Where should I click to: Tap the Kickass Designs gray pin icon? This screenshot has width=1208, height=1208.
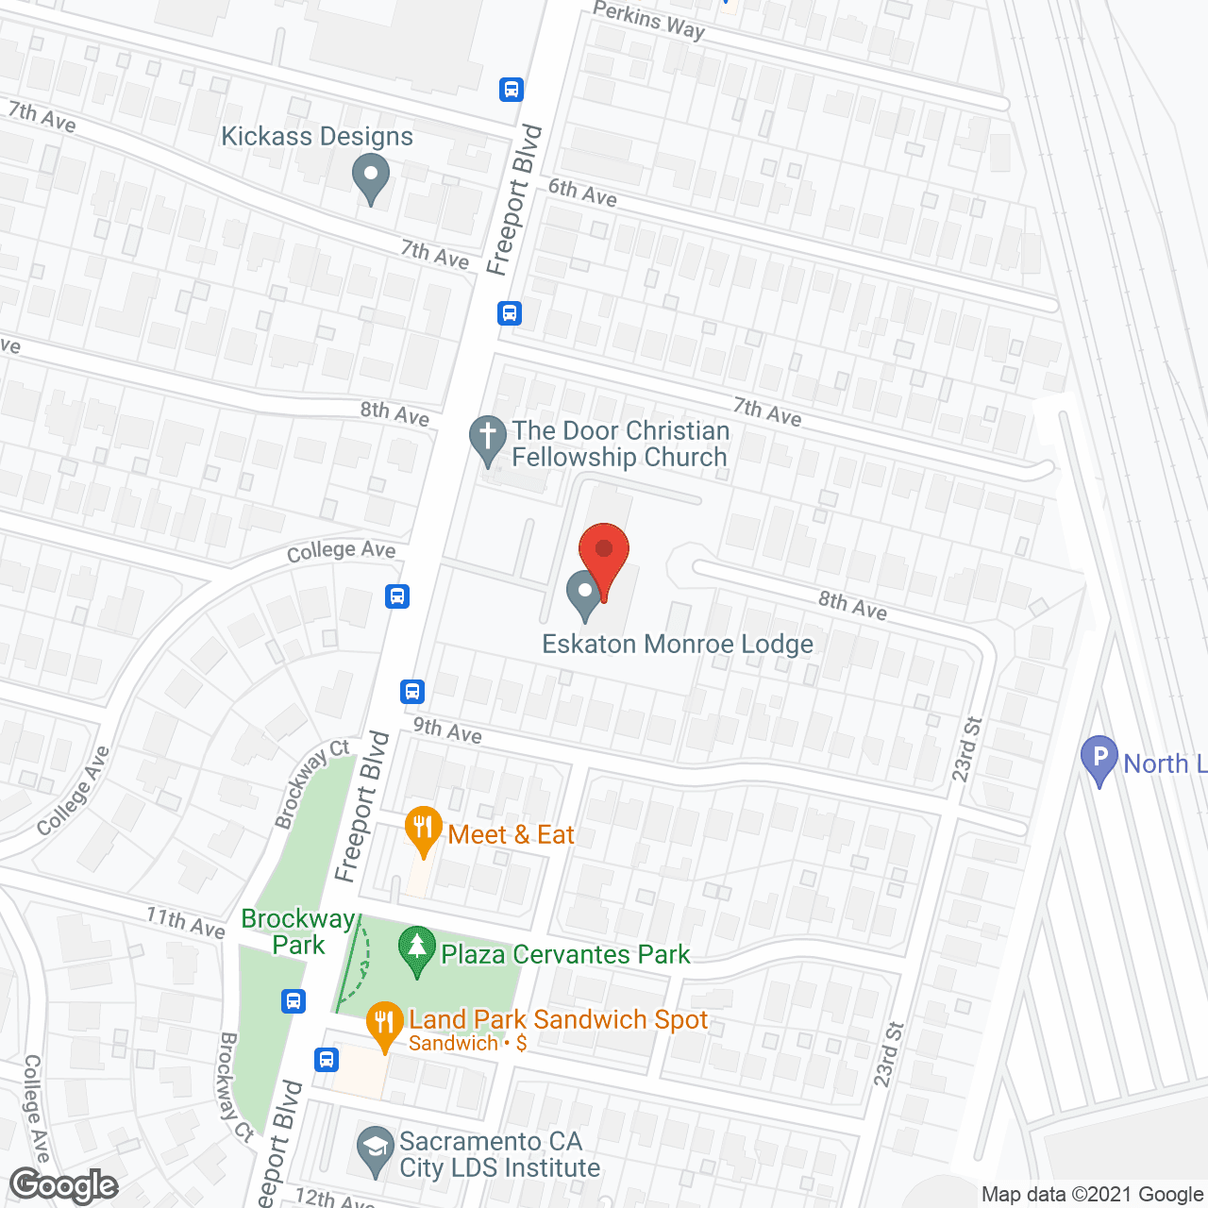(x=371, y=177)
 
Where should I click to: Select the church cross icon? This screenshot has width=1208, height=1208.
(x=488, y=439)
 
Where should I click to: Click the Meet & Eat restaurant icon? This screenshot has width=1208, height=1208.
(x=423, y=830)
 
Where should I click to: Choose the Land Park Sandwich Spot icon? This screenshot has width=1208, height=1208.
(x=384, y=1024)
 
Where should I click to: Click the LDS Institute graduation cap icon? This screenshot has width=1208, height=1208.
(x=376, y=1149)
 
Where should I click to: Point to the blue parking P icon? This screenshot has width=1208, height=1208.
(x=1099, y=759)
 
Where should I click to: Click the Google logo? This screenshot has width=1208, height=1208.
(x=64, y=1185)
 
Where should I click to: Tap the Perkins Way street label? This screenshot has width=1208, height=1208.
(x=649, y=20)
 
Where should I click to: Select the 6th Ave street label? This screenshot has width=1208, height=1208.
(x=582, y=193)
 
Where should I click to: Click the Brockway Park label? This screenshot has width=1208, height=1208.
(x=298, y=931)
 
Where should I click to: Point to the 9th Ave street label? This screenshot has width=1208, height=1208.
(x=447, y=730)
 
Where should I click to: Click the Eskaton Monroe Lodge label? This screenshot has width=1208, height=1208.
(x=677, y=645)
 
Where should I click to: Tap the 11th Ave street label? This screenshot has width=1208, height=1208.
(x=186, y=922)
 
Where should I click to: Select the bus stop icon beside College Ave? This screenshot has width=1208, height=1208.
(x=397, y=596)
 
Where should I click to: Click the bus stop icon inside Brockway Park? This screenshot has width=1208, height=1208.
(x=294, y=1000)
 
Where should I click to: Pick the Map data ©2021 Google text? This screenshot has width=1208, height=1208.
(x=1092, y=1194)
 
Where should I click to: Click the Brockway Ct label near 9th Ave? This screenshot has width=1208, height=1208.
(x=311, y=784)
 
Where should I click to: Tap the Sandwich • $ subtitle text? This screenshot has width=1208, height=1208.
(x=467, y=1044)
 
